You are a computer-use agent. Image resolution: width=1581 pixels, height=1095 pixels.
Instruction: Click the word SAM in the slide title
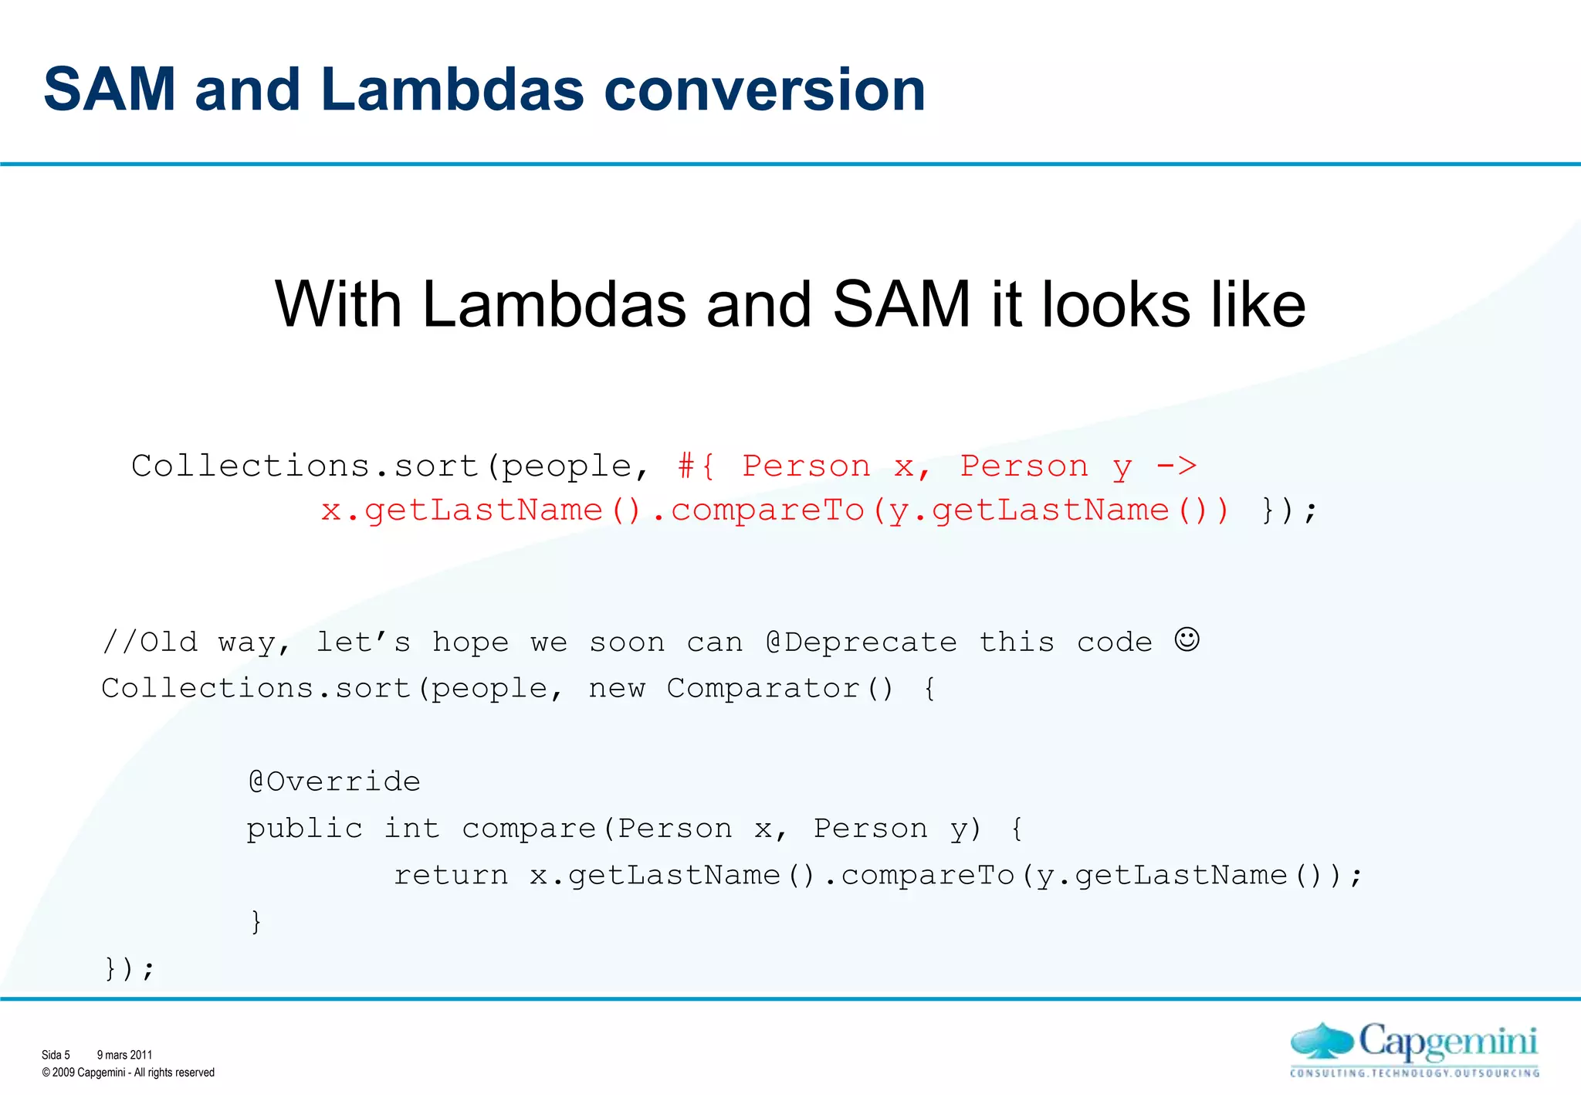(110, 90)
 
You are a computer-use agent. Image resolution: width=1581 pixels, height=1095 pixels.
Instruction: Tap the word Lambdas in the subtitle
(554, 304)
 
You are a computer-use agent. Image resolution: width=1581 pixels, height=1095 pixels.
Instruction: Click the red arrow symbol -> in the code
(1176, 466)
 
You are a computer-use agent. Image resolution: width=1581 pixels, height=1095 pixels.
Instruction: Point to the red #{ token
(696, 466)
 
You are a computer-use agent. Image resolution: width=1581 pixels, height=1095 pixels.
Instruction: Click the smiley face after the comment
(1187, 639)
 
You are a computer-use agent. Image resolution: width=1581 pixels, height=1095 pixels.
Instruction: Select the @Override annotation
(334, 781)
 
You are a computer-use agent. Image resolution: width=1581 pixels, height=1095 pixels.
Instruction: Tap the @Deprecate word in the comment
(862, 642)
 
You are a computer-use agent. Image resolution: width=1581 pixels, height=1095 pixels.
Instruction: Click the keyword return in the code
(451, 875)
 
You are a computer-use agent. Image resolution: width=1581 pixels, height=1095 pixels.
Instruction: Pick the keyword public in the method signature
(304, 829)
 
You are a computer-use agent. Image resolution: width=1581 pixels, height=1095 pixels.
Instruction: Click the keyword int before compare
(412, 829)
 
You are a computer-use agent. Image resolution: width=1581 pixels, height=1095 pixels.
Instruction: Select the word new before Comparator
(617, 688)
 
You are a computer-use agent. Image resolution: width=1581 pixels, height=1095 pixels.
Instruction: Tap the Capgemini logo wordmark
(1447, 1042)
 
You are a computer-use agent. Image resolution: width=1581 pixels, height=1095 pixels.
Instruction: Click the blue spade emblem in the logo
(1322, 1042)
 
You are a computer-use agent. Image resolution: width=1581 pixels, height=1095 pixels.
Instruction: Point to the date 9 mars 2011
(124, 1055)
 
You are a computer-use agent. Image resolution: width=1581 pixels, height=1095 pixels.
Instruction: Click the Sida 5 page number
(56, 1055)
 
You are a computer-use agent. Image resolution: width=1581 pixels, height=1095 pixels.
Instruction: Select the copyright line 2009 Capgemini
(128, 1073)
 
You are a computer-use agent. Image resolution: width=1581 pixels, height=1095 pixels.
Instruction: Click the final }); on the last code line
(130, 968)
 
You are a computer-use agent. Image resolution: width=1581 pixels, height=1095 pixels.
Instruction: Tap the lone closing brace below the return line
(256, 921)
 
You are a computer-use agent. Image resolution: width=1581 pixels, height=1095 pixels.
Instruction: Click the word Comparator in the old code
(763, 688)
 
